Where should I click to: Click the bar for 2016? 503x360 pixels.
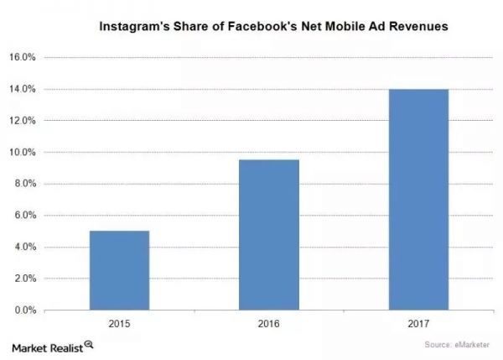[268, 235]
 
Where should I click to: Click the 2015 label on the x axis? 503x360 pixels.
[119, 322]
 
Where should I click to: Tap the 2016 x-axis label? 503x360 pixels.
[268, 322]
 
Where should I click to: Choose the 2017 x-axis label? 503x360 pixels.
[417, 322]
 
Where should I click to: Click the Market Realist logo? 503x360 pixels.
[51, 345]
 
